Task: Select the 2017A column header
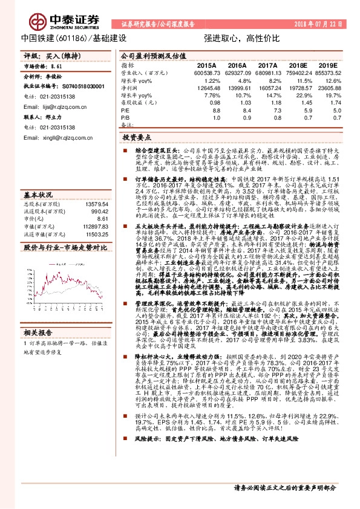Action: pos(267,65)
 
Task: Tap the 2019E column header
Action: pos(329,65)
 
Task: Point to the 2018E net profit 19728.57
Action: pos(298,88)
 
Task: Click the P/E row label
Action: pos(125,111)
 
